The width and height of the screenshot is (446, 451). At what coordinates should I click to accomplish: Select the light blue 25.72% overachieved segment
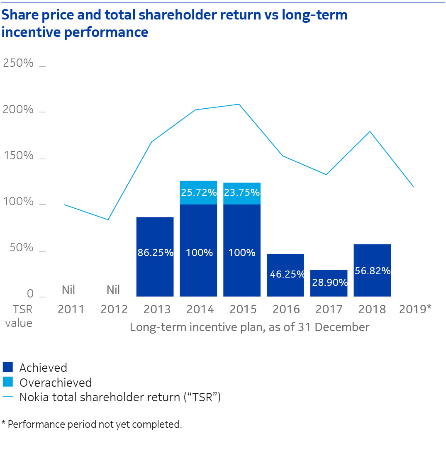tap(198, 193)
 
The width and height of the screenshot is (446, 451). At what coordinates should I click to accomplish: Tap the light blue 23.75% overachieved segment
tap(242, 193)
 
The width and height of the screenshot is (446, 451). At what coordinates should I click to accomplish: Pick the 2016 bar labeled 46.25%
tap(285, 275)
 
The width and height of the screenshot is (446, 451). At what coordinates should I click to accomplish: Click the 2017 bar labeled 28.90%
tap(329, 283)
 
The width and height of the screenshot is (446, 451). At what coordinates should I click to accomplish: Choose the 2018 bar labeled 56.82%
tap(372, 270)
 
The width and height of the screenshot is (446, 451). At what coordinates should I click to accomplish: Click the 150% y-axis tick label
tap(18, 156)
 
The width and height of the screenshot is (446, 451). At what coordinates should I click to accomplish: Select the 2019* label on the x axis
tap(415, 309)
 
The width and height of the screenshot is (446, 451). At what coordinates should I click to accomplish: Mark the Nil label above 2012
tap(113, 289)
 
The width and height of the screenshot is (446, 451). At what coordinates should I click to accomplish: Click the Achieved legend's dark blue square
tap(8, 367)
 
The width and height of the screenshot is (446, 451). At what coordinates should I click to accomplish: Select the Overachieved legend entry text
tap(56, 382)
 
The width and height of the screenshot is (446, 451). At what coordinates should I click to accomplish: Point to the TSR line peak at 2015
tap(239, 104)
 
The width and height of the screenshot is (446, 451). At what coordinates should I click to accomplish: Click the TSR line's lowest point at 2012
tap(108, 219)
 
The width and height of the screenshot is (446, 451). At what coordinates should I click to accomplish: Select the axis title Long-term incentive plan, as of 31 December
tap(249, 327)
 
